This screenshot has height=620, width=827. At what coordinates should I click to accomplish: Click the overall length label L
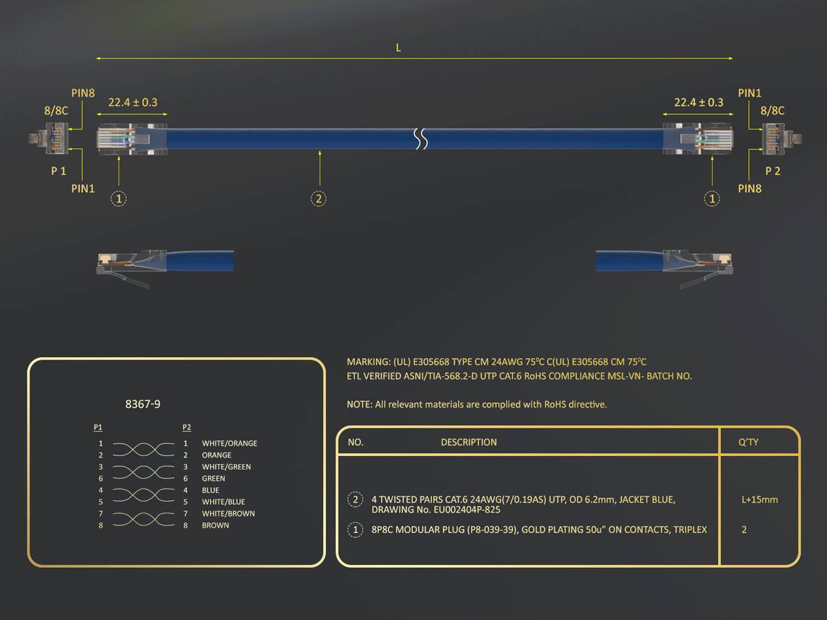click(x=398, y=48)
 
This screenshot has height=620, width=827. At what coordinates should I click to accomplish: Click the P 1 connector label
click(x=59, y=172)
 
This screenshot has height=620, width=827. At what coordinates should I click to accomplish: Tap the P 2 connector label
click(x=773, y=172)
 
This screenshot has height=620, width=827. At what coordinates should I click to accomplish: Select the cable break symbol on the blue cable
click(x=421, y=138)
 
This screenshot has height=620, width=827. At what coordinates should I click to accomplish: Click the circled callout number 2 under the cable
click(x=319, y=198)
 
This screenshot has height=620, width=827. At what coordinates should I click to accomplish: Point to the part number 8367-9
click(x=143, y=404)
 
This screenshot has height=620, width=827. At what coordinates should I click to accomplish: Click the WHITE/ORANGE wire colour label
click(x=229, y=444)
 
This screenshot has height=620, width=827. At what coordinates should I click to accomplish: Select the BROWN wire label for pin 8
click(x=215, y=526)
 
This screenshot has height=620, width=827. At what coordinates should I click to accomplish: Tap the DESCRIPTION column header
click(x=469, y=442)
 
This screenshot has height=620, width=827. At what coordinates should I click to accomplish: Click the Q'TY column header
click(x=748, y=442)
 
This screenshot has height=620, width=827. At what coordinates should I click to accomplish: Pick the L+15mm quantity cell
click(x=759, y=500)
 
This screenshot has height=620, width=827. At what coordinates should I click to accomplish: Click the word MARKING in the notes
click(x=369, y=362)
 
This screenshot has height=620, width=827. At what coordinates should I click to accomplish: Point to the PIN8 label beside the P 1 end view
click(x=83, y=93)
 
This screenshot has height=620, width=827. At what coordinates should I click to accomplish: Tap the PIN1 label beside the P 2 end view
click(x=749, y=93)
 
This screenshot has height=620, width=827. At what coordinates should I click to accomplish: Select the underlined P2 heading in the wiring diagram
click(x=187, y=427)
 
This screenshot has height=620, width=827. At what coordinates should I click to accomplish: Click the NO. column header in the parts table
click(x=356, y=442)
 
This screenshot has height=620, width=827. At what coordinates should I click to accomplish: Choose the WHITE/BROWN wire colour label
click(x=228, y=514)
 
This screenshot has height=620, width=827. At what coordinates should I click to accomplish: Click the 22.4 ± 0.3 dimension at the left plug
click(x=132, y=103)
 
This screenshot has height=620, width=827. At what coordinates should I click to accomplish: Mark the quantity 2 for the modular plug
click(x=744, y=530)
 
